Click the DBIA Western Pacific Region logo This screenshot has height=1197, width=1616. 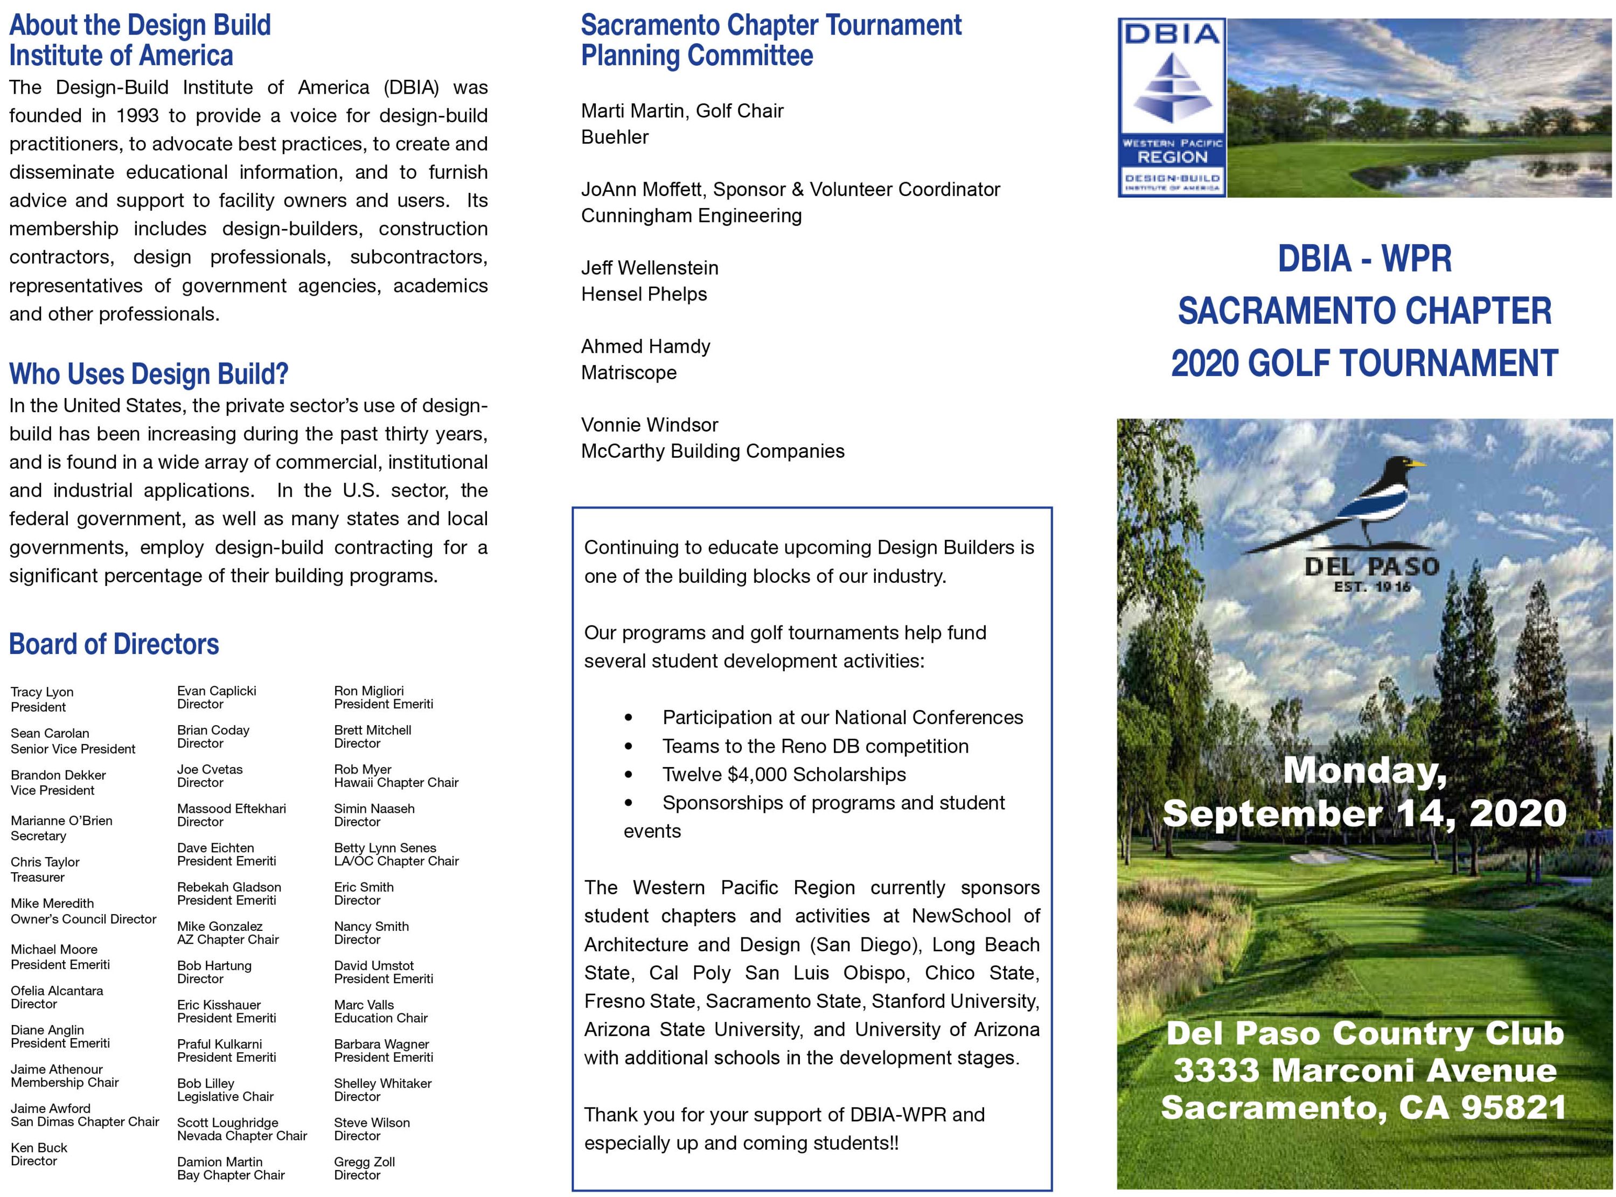[1171, 108]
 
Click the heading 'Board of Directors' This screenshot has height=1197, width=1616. [114, 644]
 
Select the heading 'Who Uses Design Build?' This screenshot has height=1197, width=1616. [149, 374]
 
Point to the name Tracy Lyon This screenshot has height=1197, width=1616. [42, 692]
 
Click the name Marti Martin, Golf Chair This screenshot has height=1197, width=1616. [681, 111]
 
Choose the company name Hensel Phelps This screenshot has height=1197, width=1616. [643, 294]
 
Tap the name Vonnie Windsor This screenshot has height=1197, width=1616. [649, 424]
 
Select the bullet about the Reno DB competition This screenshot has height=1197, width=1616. [815, 746]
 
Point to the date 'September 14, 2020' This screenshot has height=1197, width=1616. [1364, 813]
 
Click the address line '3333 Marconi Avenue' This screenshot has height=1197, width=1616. [1364, 1070]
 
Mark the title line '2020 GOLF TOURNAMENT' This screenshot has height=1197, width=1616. [1364, 363]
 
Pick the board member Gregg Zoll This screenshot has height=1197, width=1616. [364, 1161]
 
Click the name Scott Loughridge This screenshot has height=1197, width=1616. [227, 1122]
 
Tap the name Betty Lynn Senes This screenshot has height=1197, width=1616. [385, 848]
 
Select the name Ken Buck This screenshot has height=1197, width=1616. [39, 1148]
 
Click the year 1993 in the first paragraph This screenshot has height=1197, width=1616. [137, 116]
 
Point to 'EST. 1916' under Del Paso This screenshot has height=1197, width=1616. [1372, 586]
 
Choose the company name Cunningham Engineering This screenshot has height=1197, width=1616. [691, 216]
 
